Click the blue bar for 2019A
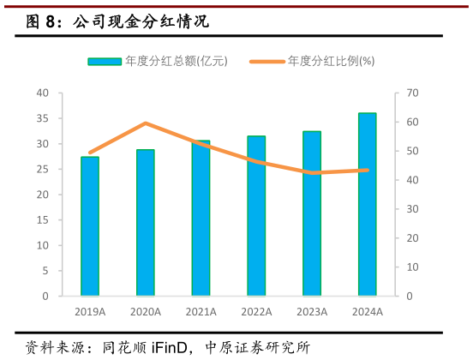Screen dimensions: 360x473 coord(90,226)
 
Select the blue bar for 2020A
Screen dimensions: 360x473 coord(146,223)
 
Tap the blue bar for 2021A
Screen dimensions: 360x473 coord(201,219)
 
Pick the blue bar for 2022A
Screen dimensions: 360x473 coord(256,216)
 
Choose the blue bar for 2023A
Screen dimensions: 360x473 coord(312,213)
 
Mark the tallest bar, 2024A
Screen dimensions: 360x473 coord(367,205)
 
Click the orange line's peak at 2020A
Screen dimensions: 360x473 coord(146,123)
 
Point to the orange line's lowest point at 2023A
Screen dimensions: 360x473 coord(312,172)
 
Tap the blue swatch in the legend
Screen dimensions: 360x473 coord(105,62)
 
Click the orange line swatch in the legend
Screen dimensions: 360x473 coord(266,62)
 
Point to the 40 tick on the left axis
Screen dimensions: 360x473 coord(44,93)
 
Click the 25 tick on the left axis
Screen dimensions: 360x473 coord(44,169)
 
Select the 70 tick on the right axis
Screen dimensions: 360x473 coord(411,93)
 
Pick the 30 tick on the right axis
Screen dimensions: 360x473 coord(411,209)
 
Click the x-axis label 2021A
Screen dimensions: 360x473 coord(201,312)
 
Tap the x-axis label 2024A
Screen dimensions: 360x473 coord(367,312)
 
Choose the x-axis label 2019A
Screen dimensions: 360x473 coord(90,312)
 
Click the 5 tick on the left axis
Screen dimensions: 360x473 coord(46,271)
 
